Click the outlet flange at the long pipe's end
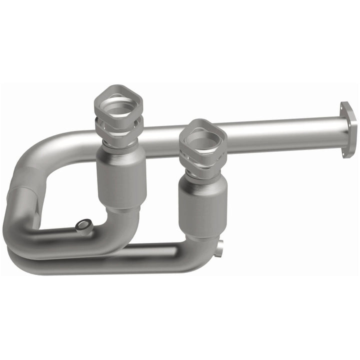[348, 129]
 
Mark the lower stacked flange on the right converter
[202, 161]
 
